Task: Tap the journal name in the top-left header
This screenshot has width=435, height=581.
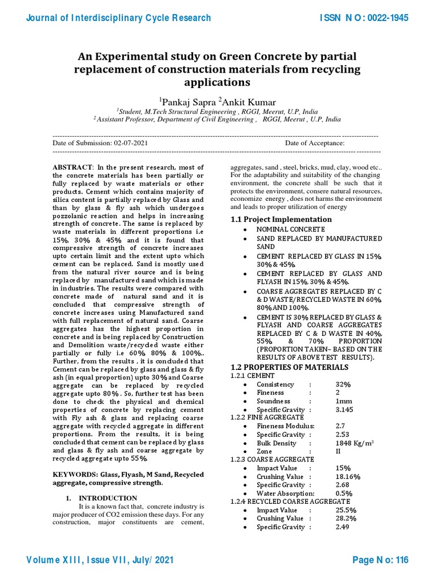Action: click(x=118, y=18)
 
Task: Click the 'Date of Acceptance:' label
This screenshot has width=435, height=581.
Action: click(x=314, y=144)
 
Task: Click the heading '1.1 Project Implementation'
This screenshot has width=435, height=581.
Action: click(x=281, y=219)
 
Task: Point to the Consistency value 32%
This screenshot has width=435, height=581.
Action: click(x=343, y=384)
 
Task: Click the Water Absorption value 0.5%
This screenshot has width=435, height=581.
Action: click(x=344, y=493)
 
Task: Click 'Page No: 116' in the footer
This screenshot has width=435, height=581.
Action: click(x=380, y=561)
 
